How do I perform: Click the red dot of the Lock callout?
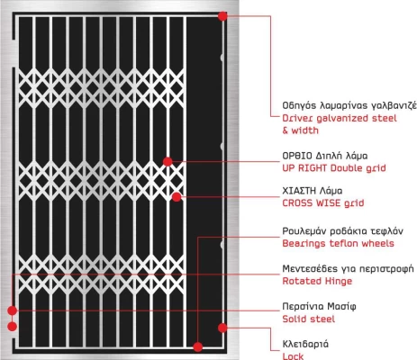(x=222, y=328)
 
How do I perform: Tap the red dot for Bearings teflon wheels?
(x=197, y=347)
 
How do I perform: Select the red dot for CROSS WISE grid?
(x=177, y=197)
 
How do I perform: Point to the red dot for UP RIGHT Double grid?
(x=168, y=162)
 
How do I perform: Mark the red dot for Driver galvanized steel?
(x=222, y=16)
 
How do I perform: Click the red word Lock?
(x=293, y=356)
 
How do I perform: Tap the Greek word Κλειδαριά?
(x=305, y=344)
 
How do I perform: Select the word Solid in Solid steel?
(x=294, y=319)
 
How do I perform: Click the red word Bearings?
(x=304, y=244)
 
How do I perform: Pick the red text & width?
(x=300, y=130)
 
